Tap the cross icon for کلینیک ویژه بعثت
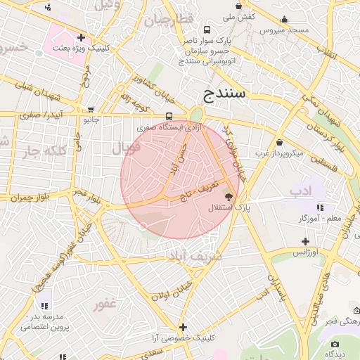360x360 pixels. coord(82,37)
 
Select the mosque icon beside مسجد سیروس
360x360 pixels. coord(284,20)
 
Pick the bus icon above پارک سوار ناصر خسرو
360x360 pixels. coord(207,30)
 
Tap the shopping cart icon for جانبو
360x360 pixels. coord(91,110)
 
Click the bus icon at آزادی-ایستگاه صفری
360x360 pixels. coord(169,116)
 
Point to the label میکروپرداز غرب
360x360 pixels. coord(278,153)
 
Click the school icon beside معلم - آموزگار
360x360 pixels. coord(320,207)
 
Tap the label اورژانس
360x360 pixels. coord(305,251)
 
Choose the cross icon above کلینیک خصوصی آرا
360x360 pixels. coord(183,327)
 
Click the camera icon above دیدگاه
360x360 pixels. coord(335,344)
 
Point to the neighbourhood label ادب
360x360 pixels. coord(300,191)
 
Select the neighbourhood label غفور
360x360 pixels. coord(103,305)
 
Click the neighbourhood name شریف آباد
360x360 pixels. coord(196,257)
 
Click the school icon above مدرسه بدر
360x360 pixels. coord(44,306)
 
